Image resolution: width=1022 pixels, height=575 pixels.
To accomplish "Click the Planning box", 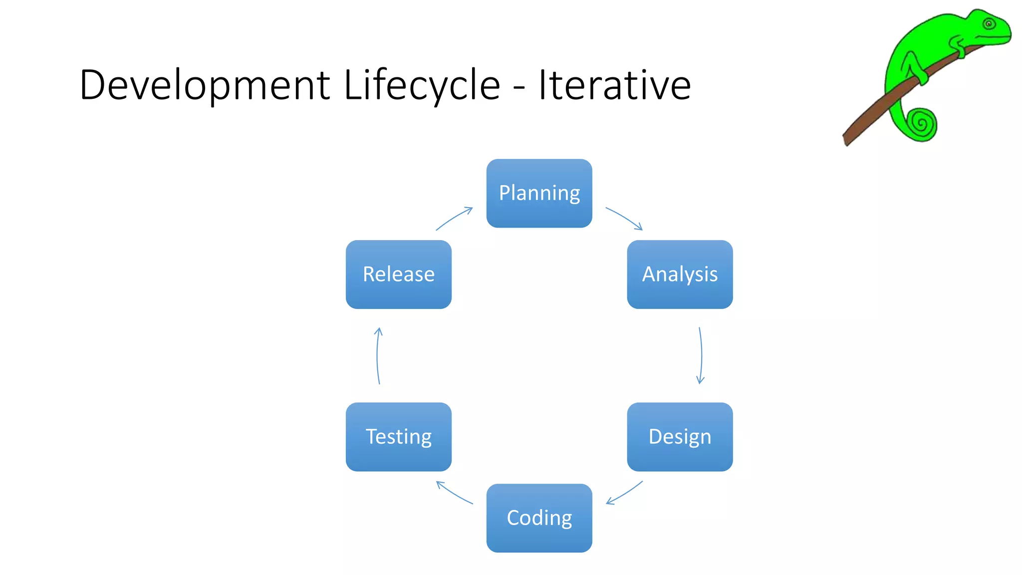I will [539, 193].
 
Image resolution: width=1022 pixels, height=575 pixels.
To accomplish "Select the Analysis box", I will [680, 274].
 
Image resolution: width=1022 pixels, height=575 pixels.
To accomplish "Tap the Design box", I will [680, 437].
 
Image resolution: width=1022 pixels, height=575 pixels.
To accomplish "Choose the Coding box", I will [539, 518].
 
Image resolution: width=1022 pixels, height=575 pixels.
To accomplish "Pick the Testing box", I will [398, 437].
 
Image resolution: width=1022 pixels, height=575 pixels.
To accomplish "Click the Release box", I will [398, 274].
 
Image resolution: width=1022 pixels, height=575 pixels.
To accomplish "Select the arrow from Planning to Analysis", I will [624, 218].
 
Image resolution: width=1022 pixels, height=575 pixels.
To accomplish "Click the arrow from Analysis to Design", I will [701, 355].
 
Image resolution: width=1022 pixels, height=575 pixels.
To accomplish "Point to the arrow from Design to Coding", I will [624, 493].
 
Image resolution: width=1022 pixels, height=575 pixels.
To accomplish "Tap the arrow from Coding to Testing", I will [454, 493].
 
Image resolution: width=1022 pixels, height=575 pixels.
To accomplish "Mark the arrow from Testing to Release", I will [377, 355].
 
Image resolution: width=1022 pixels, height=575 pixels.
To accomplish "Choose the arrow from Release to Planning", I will [454, 218].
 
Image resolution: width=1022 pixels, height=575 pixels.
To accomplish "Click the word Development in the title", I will [205, 85].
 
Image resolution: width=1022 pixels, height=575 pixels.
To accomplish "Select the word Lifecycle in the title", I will [422, 85].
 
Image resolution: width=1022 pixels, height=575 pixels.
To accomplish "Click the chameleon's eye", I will [989, 23].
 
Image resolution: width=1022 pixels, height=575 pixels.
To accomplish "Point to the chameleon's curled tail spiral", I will [921, 123].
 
